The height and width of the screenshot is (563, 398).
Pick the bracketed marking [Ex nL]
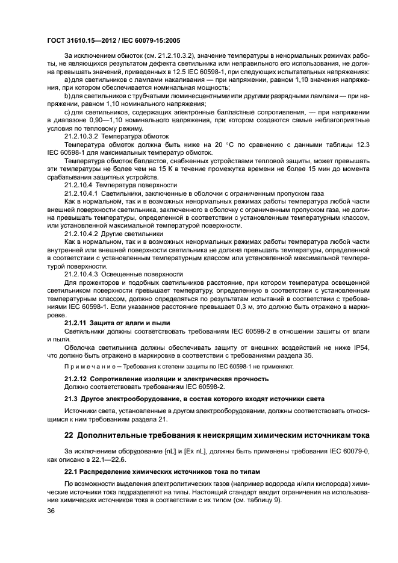coord(174,451)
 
